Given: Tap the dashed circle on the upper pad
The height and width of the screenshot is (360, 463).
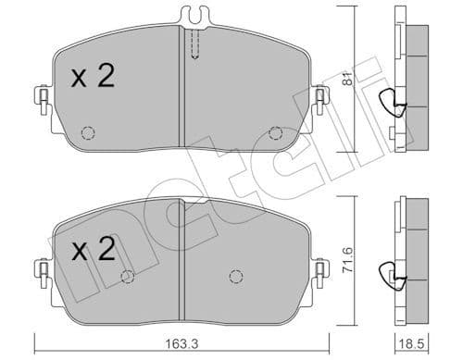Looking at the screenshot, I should coord(86,130).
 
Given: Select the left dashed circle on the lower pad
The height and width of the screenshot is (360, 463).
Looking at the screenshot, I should coord(128,276).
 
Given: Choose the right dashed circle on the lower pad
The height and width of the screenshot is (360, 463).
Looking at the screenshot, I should coord(235,276).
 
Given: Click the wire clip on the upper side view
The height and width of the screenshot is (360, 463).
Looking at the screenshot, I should coord(395,106).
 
